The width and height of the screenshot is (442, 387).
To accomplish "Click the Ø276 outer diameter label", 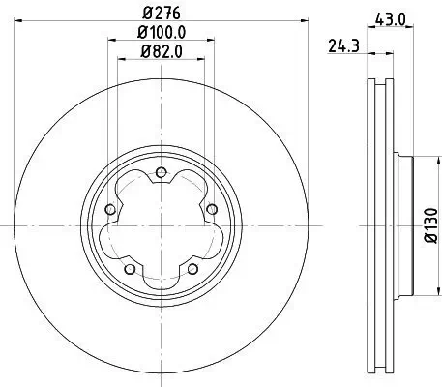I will [x=161, y=15].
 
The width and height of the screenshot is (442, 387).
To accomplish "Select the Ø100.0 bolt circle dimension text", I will [x=161, y=32].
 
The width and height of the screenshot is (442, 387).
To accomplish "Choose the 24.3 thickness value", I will [x=338, y=43].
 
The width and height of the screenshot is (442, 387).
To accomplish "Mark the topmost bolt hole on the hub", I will [x=161, y=174].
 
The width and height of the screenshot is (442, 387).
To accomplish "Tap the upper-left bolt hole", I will [x=110, y=210].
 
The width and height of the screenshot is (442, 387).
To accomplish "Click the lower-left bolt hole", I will [x=130, y=268].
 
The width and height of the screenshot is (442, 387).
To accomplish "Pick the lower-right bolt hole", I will [x=192, y=268].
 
